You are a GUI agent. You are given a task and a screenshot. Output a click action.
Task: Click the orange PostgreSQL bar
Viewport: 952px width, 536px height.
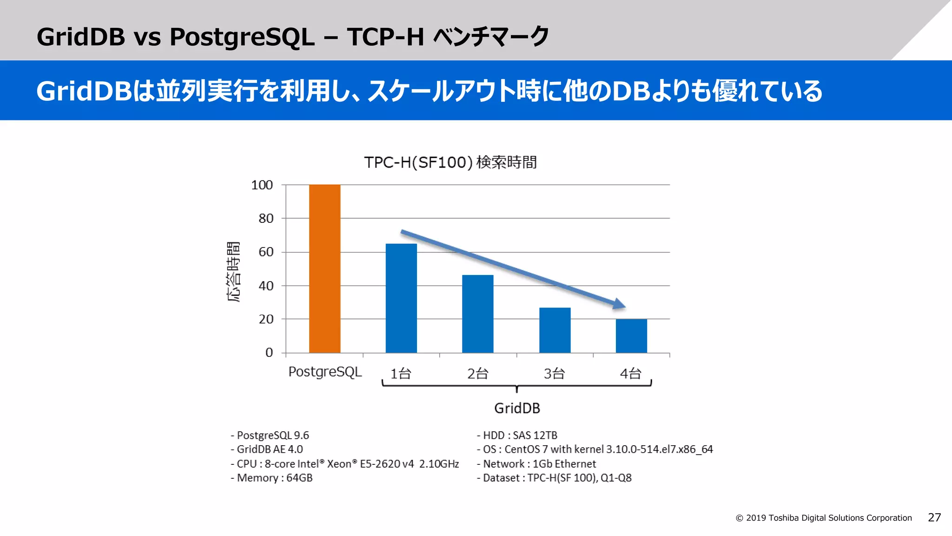[x=324, y=268]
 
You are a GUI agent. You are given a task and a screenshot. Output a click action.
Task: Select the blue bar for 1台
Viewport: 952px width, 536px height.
[x=401, y=298]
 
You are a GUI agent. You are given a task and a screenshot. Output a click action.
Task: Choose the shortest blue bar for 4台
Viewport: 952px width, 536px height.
[x=631, y=335]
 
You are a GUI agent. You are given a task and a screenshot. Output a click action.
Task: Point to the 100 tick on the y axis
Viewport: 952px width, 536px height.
[x=262, y=185]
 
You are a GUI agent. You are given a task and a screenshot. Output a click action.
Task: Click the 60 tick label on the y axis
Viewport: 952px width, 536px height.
[x=266, y=252]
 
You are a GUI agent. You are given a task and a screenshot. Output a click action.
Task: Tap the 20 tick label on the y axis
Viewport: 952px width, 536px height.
[x=266, y=319]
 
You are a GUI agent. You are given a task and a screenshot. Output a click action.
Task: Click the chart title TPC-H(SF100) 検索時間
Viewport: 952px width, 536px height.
[x=450, y=162]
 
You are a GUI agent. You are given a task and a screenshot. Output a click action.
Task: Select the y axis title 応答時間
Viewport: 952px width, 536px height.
[x=233, y=272]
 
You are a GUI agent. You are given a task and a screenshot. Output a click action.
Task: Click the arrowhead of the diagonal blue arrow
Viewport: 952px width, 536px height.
[x=619, y=304]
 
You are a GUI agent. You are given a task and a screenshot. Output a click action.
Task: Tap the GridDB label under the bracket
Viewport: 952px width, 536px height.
[x=517, y=408]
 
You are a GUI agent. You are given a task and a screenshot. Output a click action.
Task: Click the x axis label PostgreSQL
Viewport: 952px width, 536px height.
[x=325, y=372]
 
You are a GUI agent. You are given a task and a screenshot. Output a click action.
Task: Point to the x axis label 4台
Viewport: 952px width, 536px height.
[x=631, y=373]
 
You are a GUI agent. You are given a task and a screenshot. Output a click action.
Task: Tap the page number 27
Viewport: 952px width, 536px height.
[x=934, y=517]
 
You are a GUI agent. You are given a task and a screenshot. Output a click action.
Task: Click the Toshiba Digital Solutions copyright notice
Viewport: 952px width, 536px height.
[x=824, y=518]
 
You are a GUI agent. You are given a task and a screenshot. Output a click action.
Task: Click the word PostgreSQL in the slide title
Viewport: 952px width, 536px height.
[x=242, y=37]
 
